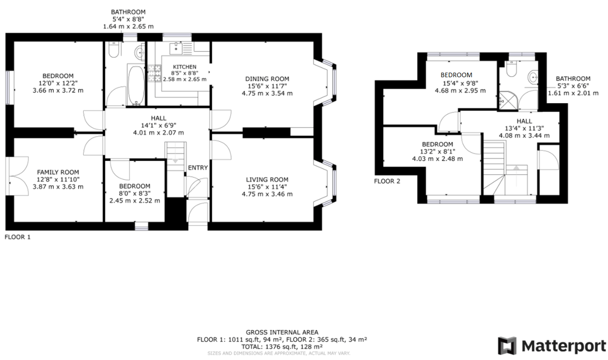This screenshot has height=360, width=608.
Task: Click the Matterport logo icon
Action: point(509,346)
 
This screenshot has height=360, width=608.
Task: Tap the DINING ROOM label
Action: point(267,79)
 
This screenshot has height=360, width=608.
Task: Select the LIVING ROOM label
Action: point(267,179)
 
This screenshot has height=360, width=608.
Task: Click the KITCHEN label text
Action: point(184,67)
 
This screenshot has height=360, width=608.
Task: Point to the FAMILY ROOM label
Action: point(58,172)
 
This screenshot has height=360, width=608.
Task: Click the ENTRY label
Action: point(198,168)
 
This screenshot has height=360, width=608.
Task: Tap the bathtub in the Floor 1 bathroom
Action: point(135,85)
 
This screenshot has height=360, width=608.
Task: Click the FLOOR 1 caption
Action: point(18,237)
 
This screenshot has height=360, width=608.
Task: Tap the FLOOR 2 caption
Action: point(387,181)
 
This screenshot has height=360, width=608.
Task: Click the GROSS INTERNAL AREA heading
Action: point(282,333)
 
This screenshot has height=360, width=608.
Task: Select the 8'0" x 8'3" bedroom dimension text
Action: point(135,193)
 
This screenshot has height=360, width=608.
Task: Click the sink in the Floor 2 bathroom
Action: point(532,77)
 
